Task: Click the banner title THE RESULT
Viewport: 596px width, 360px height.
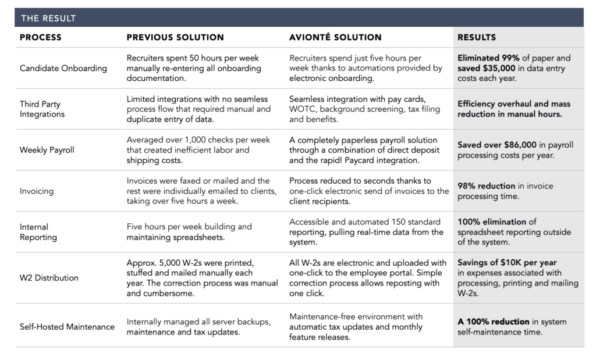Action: (x=48, y=18)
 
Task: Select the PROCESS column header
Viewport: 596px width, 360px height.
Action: (x=40, y=37)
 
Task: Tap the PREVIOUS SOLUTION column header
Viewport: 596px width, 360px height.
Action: (x=175, y=37)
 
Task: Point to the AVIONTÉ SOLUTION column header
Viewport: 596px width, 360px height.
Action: (x=335, y=37)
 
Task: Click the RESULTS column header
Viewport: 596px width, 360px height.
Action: (x=477, y=37)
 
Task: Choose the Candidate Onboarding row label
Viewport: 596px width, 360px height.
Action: (x=63, y=68)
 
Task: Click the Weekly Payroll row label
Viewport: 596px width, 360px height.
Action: (x=47, y=149)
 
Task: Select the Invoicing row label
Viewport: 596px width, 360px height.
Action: (x=36, y=191)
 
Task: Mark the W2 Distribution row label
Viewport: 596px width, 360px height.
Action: (x=49, y=277)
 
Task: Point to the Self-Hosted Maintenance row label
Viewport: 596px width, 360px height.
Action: (x=67, y=326)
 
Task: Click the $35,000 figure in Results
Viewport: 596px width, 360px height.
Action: (x=499, y=68)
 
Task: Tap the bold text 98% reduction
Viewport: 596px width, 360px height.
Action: (x=486, y=186)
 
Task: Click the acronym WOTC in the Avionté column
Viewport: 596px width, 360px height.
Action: (x=301, y=109)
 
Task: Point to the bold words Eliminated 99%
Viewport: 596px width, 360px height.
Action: (x=487, y=58)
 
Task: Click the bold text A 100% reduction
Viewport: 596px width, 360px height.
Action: (x=493, y=322)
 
